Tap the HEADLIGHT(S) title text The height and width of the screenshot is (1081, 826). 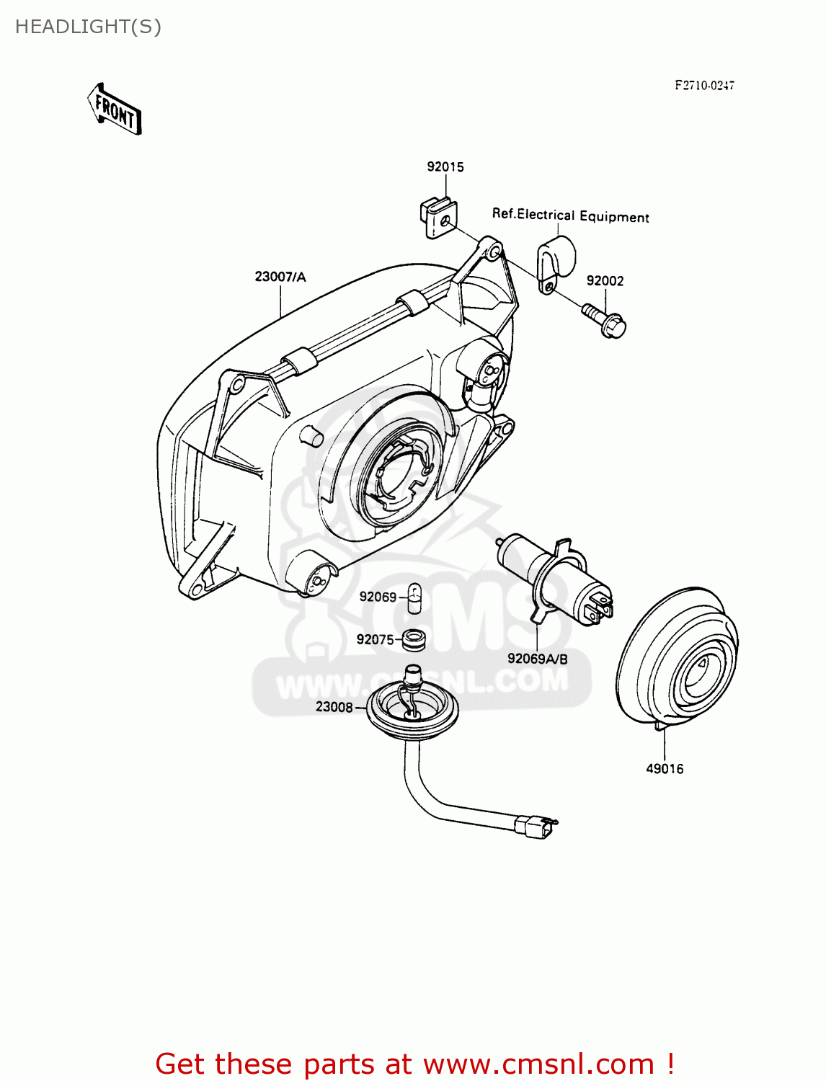[x=88, y=27]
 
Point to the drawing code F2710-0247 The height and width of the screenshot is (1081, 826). [x=704, y=85]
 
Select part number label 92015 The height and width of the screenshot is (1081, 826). [x=445, y=166]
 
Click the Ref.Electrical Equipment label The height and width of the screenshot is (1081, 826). [x=570, y=215]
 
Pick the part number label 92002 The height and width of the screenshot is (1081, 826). [x=605, y=280]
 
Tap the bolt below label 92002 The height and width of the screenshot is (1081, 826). [x=605, y=321]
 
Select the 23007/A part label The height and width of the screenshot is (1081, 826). [x=280, y=277]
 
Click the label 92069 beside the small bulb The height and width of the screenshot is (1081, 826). [x=378, y=597]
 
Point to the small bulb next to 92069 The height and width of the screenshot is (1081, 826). [x=414, y=598]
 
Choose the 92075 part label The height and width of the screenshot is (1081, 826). [x=375, y=639]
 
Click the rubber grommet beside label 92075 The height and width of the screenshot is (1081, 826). [x=414, y=639]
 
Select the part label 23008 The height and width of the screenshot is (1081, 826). [x=334, y=707]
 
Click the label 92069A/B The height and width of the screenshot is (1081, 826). [x=537, y=659]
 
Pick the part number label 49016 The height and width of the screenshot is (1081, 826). [x=664, y=769]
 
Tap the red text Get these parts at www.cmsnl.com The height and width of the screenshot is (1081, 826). [x=414, y=1064]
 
